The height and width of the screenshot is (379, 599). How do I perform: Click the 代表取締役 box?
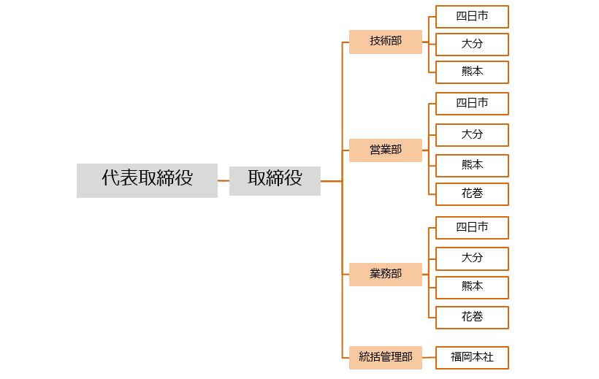(x=147, y=180)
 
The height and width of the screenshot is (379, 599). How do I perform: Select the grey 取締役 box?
(x=275, y=180)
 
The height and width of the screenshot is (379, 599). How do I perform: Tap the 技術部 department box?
(x=386, y=42)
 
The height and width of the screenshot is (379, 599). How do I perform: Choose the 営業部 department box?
(x=386, y=150)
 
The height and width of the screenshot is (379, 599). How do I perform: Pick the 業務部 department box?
(x=386, y=274)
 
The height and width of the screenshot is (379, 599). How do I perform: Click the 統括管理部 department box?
(x=386, y=357)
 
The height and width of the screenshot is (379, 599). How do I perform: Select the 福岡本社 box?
(x=472, y=358)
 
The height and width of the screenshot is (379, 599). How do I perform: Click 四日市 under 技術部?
(x=472, y=17)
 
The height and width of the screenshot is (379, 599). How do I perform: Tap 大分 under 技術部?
(x=472, y=44)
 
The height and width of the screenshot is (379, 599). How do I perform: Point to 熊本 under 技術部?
(x=472, y=72)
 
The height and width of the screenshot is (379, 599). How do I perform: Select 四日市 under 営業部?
(x=472, y=104)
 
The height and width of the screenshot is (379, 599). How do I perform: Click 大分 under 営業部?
(x=472, y=135)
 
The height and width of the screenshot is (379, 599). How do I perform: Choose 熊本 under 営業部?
(x=472, y=165)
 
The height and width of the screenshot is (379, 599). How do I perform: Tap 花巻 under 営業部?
(x=472, y=194)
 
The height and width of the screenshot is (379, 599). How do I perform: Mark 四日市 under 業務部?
(x=472, y=228)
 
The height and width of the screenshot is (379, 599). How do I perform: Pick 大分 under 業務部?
(x=472, y=259)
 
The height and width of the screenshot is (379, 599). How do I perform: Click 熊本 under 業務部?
(x=472, y=287)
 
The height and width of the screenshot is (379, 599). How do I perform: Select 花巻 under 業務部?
(x=472, y=318)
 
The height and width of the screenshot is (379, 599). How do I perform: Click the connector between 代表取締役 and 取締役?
(x=224, y=180)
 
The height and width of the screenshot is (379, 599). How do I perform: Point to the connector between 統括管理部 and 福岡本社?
(x=429, y=358)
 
